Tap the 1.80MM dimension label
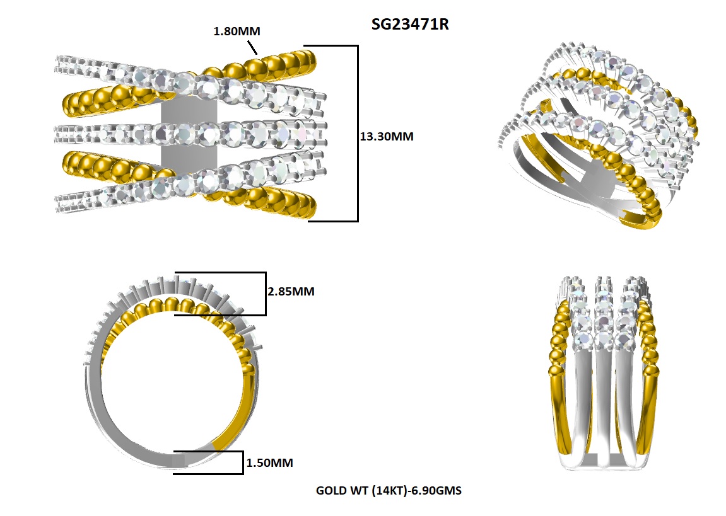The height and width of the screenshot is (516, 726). [x=237, y=30]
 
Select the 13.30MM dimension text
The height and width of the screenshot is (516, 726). [x=386, y=136]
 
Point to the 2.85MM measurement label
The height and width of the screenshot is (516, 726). [x=291, y=292]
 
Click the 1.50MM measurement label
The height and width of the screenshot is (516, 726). [x=270, y=463]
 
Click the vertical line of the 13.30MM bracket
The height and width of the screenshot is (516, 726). [x=358, y=134]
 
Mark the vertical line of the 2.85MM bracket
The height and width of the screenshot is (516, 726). [x=265, y=294]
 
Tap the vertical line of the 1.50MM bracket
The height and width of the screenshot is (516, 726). [x=242, y=462]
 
